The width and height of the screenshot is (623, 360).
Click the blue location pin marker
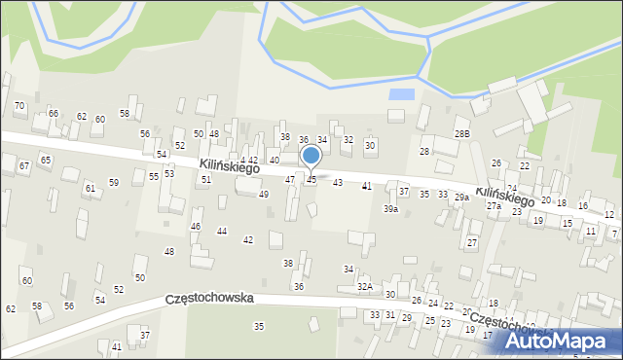tap(311, 156)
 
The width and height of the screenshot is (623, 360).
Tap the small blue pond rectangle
tap(399, 94)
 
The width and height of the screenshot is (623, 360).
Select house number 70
tap(19, 105)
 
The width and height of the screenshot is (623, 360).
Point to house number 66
tap(54, 114)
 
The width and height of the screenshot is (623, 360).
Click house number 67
tap(23, 166)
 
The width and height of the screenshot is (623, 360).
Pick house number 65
tap(45, 159)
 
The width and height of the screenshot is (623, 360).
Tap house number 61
tap(90, 188)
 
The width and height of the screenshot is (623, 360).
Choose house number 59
tap(114, 182)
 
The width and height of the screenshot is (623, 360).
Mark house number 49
tap(263, 195)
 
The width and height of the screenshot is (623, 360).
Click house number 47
tap(289, 180)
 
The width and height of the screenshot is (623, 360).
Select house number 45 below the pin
tap(311, 180)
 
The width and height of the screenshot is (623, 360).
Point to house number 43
tap(338, 182)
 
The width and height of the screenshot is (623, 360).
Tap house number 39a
tap(390, 208)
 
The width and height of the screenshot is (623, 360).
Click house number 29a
tap(461, 198)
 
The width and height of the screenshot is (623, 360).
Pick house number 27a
tap(494, 206)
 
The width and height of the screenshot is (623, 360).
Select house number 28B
tap(461, 133)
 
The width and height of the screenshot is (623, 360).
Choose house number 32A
tap(364, 286)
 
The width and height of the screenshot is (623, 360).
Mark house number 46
tap(196, 226)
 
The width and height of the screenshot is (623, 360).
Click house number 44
tap(222, 231)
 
